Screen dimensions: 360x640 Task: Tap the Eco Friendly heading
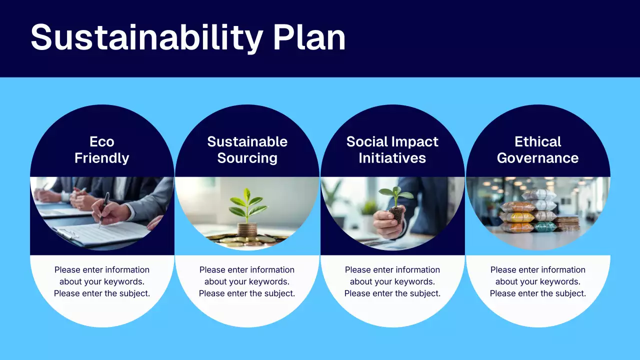pos(102,150)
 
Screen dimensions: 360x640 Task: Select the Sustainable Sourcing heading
pos(247,150)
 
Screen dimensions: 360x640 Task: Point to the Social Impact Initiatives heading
pos(392,150)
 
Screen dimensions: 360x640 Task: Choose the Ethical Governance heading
pos(538,150)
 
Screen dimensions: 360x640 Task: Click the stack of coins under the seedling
pos(246,230)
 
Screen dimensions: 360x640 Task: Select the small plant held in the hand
pos(396,197)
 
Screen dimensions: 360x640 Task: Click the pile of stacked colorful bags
pos(528,212)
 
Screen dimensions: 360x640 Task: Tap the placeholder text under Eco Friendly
pos(102,281)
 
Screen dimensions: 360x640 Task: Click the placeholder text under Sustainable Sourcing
pos(247,281)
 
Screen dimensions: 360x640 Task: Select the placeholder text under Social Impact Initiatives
pos(392,281)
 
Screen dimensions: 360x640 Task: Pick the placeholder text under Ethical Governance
pos(538,281)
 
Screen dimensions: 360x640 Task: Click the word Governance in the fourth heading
pos(538,158)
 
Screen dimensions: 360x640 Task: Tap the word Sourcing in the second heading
pos(247,158)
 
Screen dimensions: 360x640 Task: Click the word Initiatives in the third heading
pos(392,158)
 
